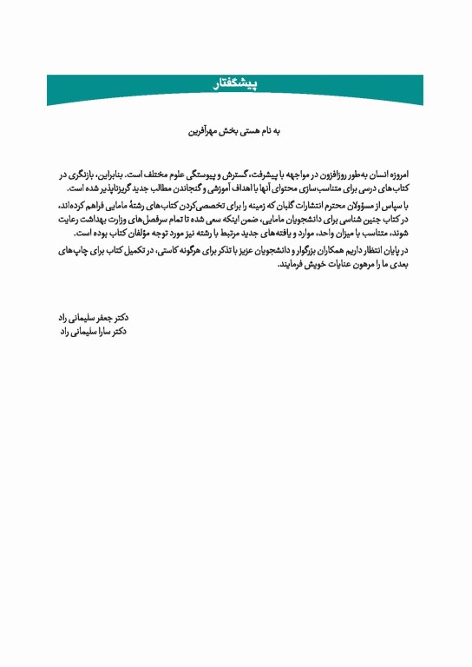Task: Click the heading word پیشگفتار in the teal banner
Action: coord(236,84)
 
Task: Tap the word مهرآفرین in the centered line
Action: coord(206,132)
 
